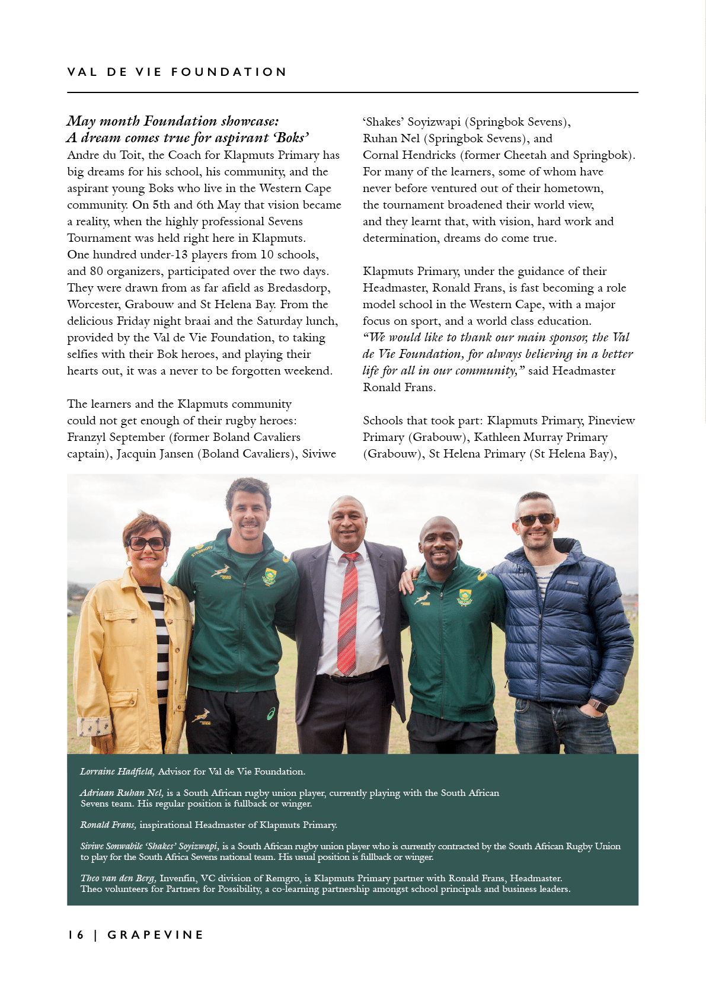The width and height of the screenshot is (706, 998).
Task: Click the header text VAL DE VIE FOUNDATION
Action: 177,72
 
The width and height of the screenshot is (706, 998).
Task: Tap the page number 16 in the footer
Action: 76,935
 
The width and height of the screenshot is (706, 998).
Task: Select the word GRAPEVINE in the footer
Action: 155,935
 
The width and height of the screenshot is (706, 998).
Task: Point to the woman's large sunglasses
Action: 147,543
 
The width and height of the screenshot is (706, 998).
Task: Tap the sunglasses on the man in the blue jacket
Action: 536,519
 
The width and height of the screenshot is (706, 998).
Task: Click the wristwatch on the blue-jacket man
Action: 598,706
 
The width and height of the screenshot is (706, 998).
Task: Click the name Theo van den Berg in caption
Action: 119,878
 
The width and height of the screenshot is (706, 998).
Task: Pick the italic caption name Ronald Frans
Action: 108,825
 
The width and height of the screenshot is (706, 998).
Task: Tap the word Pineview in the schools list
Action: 611,421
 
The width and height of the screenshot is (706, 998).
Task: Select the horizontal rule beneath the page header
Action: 353,92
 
